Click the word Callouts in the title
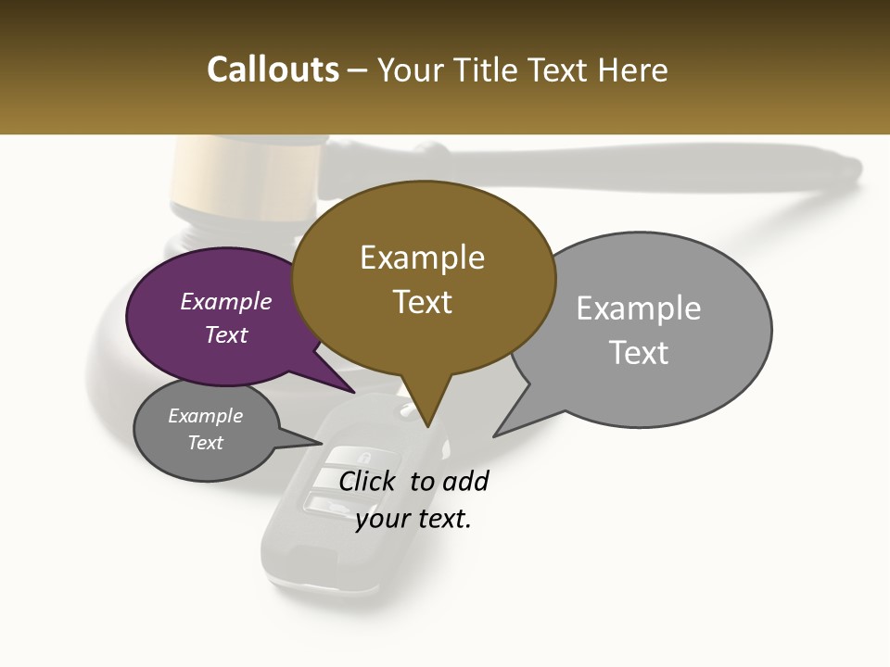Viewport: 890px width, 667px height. (273, 69)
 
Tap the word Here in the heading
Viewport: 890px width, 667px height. (631, 69)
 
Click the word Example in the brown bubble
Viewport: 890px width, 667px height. (422, 258)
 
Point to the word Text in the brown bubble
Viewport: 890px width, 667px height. (422, 302)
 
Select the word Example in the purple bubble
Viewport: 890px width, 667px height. (225, 301)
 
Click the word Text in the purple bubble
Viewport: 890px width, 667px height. (225, 334)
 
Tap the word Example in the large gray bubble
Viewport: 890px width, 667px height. (639, 308)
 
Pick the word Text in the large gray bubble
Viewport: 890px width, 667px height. (639, 353)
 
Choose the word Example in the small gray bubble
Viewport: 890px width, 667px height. (205, 416)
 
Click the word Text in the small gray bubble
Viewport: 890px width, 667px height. (205, 443)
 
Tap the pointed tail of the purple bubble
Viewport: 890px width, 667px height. (352, 391)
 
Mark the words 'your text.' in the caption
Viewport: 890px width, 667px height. (413, 519)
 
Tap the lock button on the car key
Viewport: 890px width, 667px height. (362, 457)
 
